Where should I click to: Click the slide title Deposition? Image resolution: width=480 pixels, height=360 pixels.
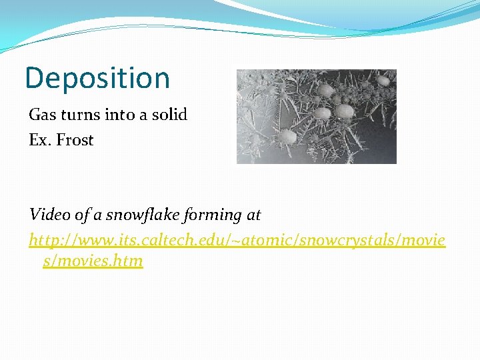pyautogui.click(x=97, y=79)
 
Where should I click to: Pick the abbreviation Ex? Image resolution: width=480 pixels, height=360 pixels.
pyautogui.click(x=40, y=140)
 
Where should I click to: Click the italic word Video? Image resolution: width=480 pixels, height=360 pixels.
pyautogui.click(x=48, y=215)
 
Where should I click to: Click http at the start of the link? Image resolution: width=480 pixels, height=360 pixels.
pyautogui.click(x=45, y=239)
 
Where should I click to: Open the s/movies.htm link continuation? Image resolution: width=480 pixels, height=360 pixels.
pyautogui.click(x=93, y=261)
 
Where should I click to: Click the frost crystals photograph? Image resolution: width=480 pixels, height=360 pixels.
pyautogui.click(x=317, y=117)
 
